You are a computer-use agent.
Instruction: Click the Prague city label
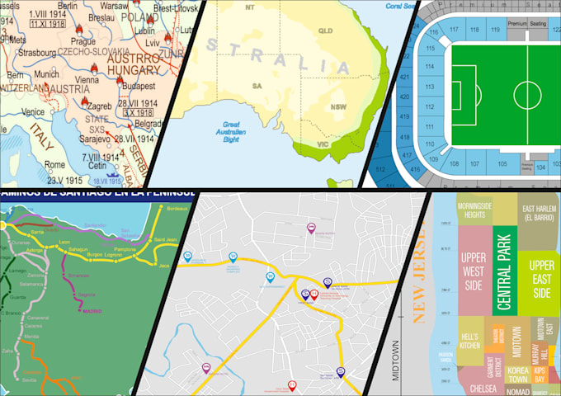(x=84, y=40)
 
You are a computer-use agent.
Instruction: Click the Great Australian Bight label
(x=234, y=132)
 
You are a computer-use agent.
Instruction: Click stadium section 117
(x=453, y=30)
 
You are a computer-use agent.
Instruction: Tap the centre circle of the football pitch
(x=526, y=91)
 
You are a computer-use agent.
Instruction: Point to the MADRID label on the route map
(x=92, y=311)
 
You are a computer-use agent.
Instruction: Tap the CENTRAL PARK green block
(x=504, y=272)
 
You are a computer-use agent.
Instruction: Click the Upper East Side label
(x=541, y=278)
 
